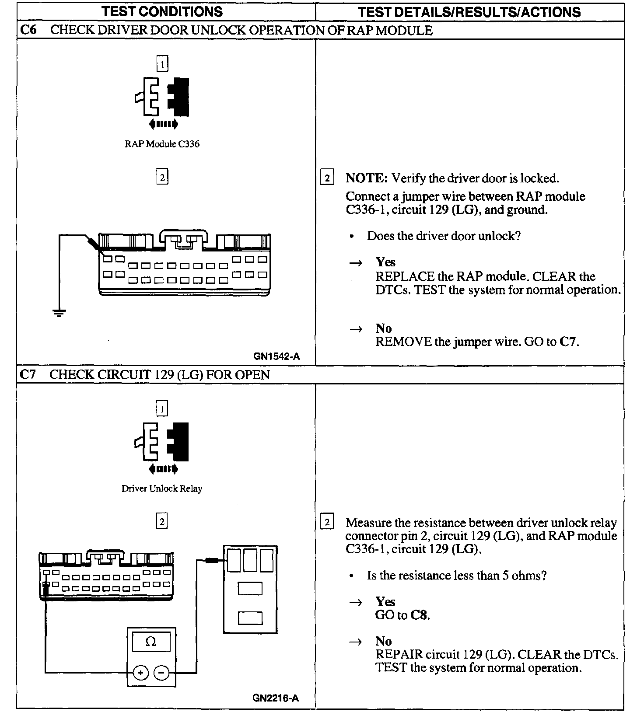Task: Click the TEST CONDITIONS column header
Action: pyautogui.click(x=162, y=11)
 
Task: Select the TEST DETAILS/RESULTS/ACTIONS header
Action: pyautogui.click(x=469, y=12)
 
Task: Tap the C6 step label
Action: pyautogui.click(x=28, y=30)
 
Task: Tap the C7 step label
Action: pyautogui.click(x=28, y=374)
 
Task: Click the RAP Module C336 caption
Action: pyautogui.click(x=162, y=144)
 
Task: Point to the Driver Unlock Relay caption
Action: pyautogui.click(x=162, y=489)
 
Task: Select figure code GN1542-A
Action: pyautogui.click(x=276, y=356)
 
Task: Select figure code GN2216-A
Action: pyautogui.click(x=276, y=698)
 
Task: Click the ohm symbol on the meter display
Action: pyautogui.click(x=151, y=642)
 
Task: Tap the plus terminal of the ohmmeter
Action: pyautogui.click(x=140, y=673)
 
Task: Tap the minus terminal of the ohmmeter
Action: pyautogui.click(x=162, y=673)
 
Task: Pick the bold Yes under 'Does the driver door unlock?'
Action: pyautogui.click(x=385, y=262)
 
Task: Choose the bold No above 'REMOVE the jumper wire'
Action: pyautogui.click(x=384, y=328)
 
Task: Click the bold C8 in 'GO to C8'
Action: pyautogui.click(x=419, y=615)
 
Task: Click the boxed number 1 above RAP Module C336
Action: pyautogui.click(x=162, y=65)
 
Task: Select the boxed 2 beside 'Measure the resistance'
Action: pyautogui.click(x=327, y=522)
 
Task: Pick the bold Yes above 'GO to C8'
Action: pyautogui.click(x=385, y=602)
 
